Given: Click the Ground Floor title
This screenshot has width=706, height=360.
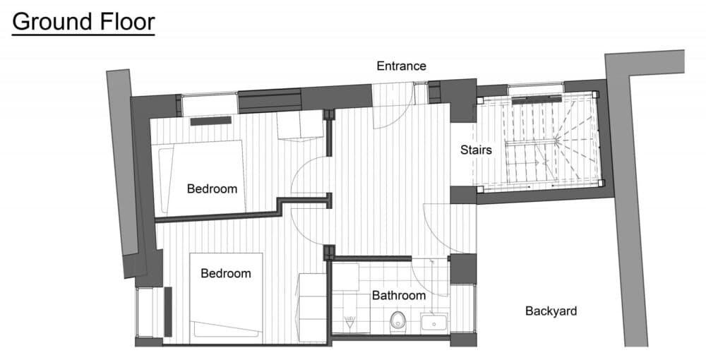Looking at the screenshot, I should [83, 21].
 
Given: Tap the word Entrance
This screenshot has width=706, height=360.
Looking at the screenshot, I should [401, 66].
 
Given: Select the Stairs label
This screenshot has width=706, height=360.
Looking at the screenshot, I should [476, 150].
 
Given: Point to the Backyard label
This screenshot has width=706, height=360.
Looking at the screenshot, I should [551, 311].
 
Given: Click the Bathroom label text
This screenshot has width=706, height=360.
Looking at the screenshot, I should [399, 295].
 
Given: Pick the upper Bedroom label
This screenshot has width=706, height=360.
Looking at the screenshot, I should [212, 189].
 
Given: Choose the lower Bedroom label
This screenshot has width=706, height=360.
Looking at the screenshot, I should [226, 273].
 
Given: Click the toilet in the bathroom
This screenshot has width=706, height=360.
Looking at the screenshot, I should [397, 321].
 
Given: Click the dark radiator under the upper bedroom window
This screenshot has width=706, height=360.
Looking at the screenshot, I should [210, 121].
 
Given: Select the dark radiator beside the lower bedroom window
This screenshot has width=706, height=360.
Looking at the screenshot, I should [168, 311].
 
